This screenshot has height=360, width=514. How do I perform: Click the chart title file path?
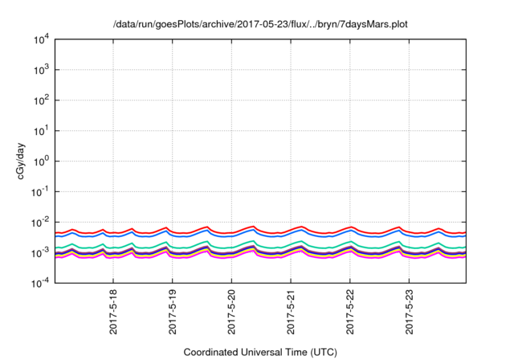click(x=261, y=24)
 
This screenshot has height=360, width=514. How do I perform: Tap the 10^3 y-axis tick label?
click(x=41, y=71)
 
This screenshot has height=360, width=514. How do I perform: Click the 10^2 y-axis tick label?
click(x=41, y=100)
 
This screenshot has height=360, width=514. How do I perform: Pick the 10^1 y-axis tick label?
click(x=41, y=131)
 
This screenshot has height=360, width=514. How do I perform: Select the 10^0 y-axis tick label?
click(x=41, y=162)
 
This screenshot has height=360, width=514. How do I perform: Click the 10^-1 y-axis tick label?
click(x=40, y=192)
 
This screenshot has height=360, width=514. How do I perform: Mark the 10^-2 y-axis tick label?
click(x=40, y=222)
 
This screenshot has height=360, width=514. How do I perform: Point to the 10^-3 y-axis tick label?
click(x=40, y=252)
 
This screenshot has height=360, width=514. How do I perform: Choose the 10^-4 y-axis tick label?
click(x=40, y=283)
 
